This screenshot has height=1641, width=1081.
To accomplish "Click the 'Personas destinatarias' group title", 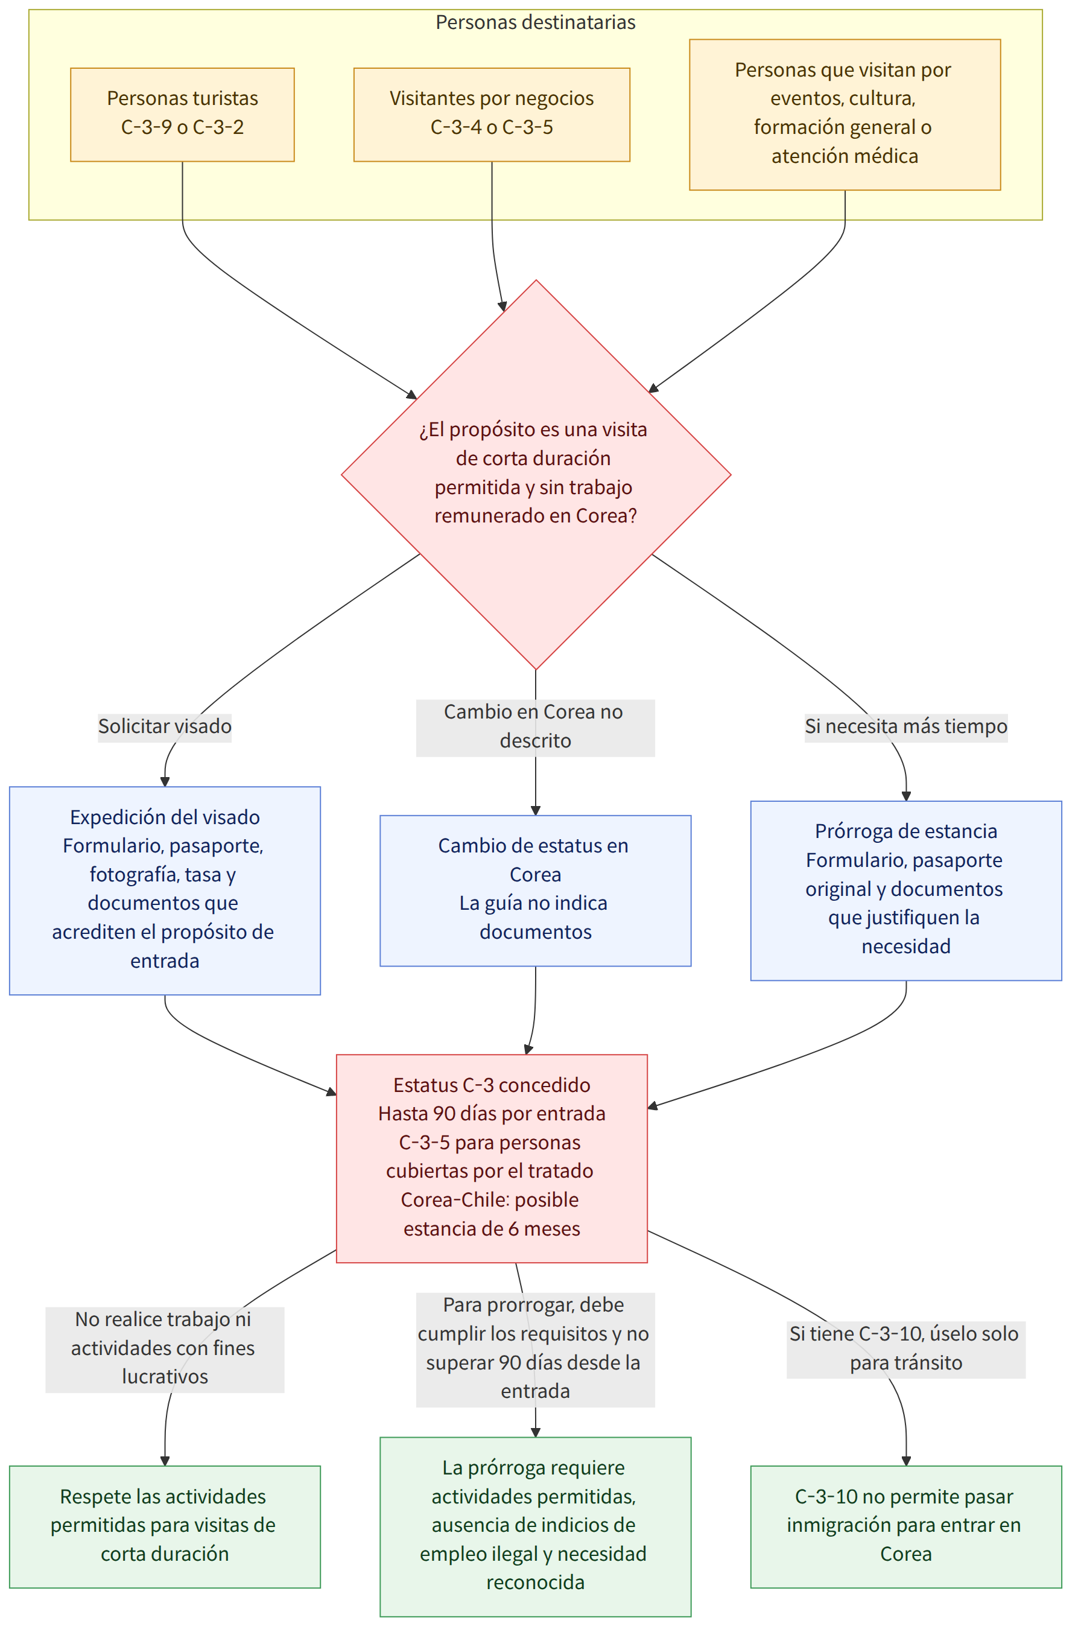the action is coord(535,23).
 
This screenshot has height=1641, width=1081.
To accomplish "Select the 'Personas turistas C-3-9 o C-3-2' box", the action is coord(182,115).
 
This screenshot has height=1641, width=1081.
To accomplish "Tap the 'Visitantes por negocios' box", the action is coord(492,115).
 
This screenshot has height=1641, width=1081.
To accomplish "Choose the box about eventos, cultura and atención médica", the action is coord(845,115).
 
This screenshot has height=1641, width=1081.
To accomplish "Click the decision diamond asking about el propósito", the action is coord(536,474).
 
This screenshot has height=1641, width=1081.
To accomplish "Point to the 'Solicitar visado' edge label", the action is coord(165,727).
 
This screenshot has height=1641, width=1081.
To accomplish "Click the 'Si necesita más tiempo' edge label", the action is coord(906,727).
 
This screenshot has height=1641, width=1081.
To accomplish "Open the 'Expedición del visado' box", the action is coord(165,889).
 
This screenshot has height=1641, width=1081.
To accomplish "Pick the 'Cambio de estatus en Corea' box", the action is coord(535,889).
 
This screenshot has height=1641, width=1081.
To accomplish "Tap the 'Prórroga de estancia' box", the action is coord(906,889).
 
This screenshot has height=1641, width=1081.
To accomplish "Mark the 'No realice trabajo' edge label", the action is coord(165,1348).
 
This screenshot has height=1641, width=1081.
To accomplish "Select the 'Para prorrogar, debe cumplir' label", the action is coord(535,1348).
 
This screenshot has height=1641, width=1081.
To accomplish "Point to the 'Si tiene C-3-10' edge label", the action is coord(906,1348).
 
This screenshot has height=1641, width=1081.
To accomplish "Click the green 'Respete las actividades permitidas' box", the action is coord(165,1526).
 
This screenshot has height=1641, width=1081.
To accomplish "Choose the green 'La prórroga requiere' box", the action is coord(535,1526).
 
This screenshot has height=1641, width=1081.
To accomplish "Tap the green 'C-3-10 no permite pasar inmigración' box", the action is coord(906,1526).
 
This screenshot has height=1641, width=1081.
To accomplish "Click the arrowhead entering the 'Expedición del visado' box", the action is coord(165,781).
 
